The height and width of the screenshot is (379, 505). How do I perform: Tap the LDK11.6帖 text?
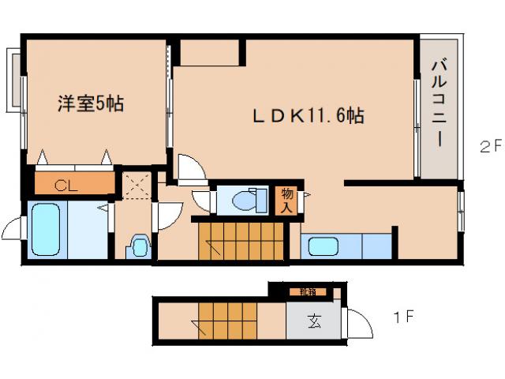click(308, 116)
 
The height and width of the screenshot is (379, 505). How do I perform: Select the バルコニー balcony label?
click(439, 107)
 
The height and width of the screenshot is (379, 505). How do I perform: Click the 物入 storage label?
click(287, 201)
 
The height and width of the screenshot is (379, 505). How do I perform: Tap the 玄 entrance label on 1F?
click(314, 322)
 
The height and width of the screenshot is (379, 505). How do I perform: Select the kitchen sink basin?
click(324, 246)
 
